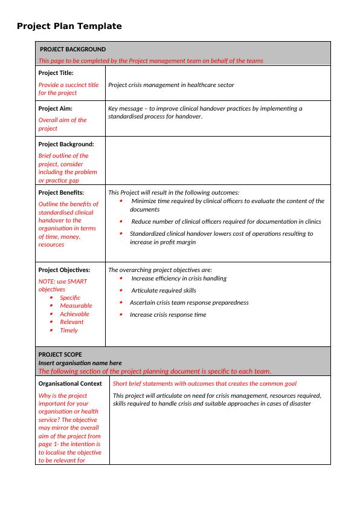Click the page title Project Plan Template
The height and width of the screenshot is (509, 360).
69,26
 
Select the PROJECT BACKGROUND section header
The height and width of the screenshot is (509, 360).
72,49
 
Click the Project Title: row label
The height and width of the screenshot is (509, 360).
56,73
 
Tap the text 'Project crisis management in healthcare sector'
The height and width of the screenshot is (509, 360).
171,85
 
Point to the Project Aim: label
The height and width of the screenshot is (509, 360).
55,108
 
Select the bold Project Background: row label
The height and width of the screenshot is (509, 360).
66,144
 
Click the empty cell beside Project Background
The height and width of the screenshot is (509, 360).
217,160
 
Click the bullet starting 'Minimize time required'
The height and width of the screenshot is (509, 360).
227,201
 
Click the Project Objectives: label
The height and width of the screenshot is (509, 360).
64,270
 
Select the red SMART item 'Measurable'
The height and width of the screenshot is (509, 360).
76,306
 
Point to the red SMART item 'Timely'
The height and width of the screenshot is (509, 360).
69,331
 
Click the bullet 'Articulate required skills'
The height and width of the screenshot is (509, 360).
164,291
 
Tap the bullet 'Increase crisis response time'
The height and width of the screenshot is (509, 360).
168,315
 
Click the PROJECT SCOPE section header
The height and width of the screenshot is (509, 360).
60,354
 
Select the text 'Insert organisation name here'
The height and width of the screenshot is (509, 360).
80,363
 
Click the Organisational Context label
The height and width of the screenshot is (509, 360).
70,384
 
